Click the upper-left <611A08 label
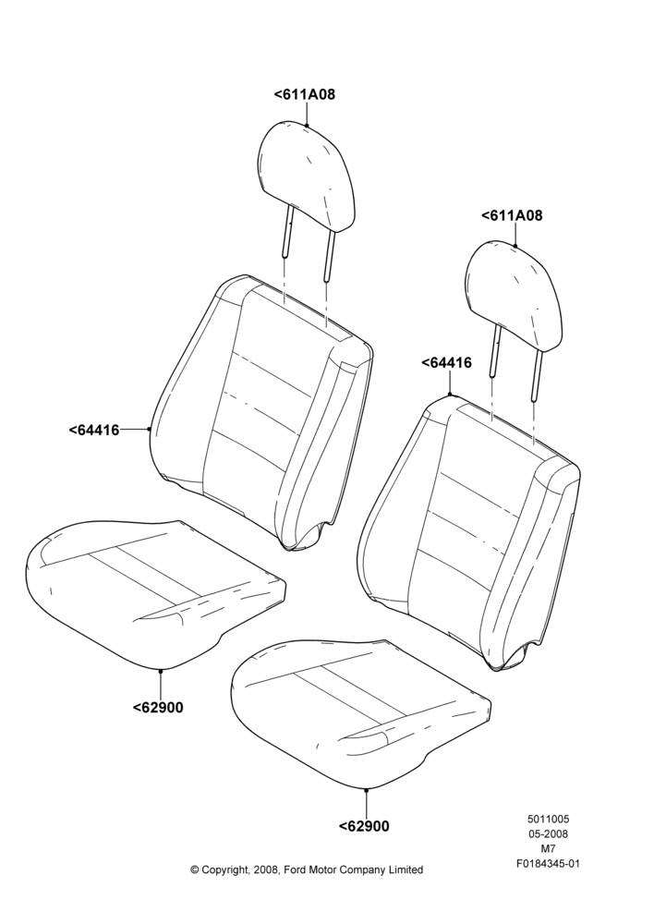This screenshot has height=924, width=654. (305, 94)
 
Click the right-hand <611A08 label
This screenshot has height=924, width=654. (512, 215)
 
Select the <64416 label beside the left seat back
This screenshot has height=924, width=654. (94, 431)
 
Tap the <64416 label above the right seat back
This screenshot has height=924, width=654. (446, 363)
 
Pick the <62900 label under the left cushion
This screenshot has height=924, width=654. (158, 707)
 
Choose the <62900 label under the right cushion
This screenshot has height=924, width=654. (364, 826)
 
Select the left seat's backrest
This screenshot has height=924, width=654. (262, 412)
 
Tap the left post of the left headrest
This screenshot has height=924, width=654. (287, 230)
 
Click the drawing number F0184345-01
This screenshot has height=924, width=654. (548, 864)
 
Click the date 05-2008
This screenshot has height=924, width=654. (548, 833)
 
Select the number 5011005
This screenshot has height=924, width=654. (548, 819)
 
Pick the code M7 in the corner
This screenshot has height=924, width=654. (548, 849)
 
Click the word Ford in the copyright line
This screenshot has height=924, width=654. (297, 869)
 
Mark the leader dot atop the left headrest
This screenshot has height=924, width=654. (307, 125)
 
